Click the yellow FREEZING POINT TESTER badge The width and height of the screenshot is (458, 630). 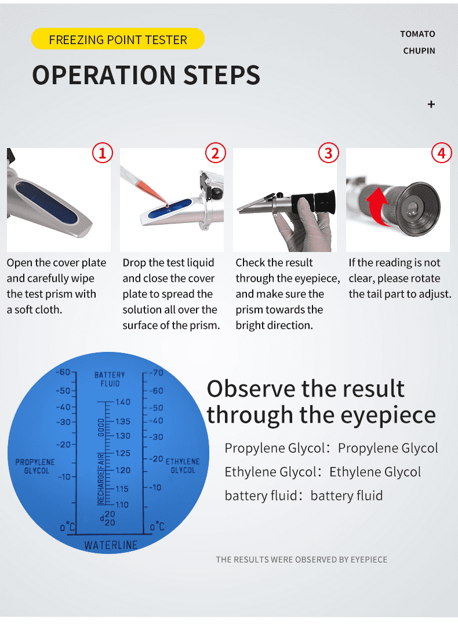point(118,39)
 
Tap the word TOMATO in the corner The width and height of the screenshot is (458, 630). point(417,34)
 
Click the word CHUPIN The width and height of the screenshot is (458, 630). point(419,51)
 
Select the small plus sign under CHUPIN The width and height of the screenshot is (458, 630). point(431,105)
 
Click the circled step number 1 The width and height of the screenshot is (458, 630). point(102,153)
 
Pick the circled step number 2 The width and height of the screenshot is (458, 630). point(215,153)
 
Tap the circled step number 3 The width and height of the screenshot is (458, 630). point(329,153)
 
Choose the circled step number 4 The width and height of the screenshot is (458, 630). point(442,153)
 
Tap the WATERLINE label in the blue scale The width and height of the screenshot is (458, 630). point(111,545)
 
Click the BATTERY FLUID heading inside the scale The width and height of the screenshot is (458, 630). point(110,379)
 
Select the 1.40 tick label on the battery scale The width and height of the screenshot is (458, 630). point(123,402)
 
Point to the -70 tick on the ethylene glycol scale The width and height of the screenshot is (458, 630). point(156,373)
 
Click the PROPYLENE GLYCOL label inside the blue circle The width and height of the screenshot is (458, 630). point(35,466)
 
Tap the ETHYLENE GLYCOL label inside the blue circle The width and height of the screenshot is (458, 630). point(183,466)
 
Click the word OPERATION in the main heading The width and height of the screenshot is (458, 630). point(104,75)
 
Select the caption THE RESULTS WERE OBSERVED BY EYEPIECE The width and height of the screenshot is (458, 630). point(301,559)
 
